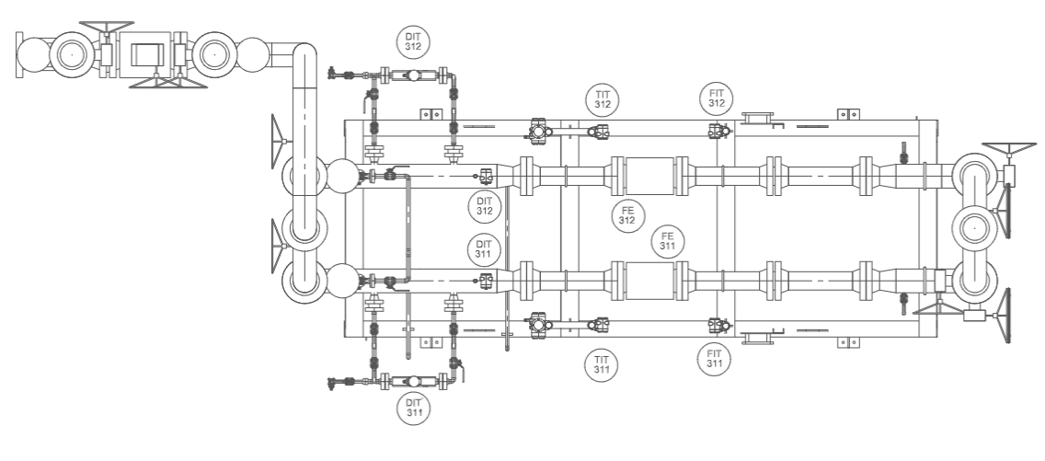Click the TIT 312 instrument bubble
coord(603,100)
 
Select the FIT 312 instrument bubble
coord(717,98)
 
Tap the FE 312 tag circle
coord(627,216)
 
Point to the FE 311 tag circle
coord(668,241)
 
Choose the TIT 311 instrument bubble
coord(602,365)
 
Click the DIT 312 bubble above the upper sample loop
coord(413,42)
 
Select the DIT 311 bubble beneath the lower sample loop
coord(414,408)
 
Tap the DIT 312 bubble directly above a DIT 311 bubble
coord(485,206)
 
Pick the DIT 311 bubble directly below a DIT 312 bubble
coord(484,249)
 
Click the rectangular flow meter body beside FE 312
coord(650,176)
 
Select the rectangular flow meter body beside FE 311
coord(650,281)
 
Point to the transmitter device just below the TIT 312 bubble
coord(599,132)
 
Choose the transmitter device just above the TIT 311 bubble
coord(599,325)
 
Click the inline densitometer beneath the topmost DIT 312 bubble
coord(413,75)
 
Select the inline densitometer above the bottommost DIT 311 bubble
coord(413,382)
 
